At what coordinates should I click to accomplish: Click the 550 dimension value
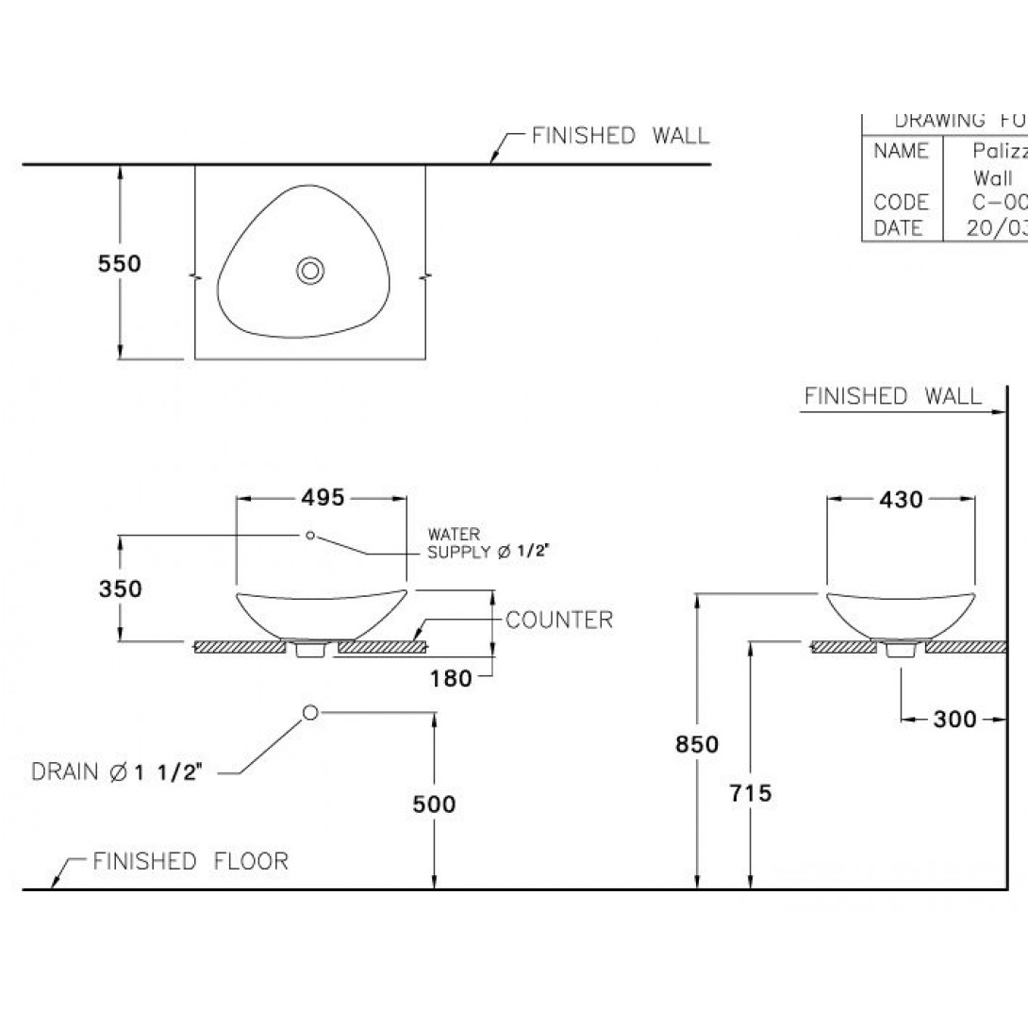pyautogui.click(x=120, y=264)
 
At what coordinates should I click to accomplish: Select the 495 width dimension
pyautogui.click(x=323, y=497)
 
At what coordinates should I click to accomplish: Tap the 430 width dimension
pyautogui.click(x=901, y=500)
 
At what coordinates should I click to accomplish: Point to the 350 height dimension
pyautogui.click(x=120, y=589)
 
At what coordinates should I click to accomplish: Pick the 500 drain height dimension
pyautogui.click(x=434, y=804)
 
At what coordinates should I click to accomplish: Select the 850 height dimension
pyautogui.click(x=698, y=744)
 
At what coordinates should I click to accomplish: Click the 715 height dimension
pyautogui.click(x=751, y=793)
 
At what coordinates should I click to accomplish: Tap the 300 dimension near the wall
pyautogui.click(x=954, y=720)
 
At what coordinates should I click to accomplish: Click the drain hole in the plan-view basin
pyautogui.click(x=309, y=271)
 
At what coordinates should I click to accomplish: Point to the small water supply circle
pyautogui.click(x=309, y=536)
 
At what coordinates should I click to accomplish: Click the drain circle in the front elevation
pyautogui.click(x=308, y=712)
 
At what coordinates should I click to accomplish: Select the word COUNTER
pyautogui.click(x=559, y=620)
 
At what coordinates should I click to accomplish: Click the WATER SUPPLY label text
pyautogui.click(x=486, y=543)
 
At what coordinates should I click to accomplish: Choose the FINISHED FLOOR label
pyautogui.click(x=191, y=861)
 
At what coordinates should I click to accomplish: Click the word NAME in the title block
pyautogui.click(x=901, y=151)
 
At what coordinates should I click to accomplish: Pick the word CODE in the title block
pyautogui.click(x=901, y=202)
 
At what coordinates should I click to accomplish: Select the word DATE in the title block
pyautogui.click(x=899, y=227)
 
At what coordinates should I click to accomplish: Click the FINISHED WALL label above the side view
pyautogui.click(x=892, y=396)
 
